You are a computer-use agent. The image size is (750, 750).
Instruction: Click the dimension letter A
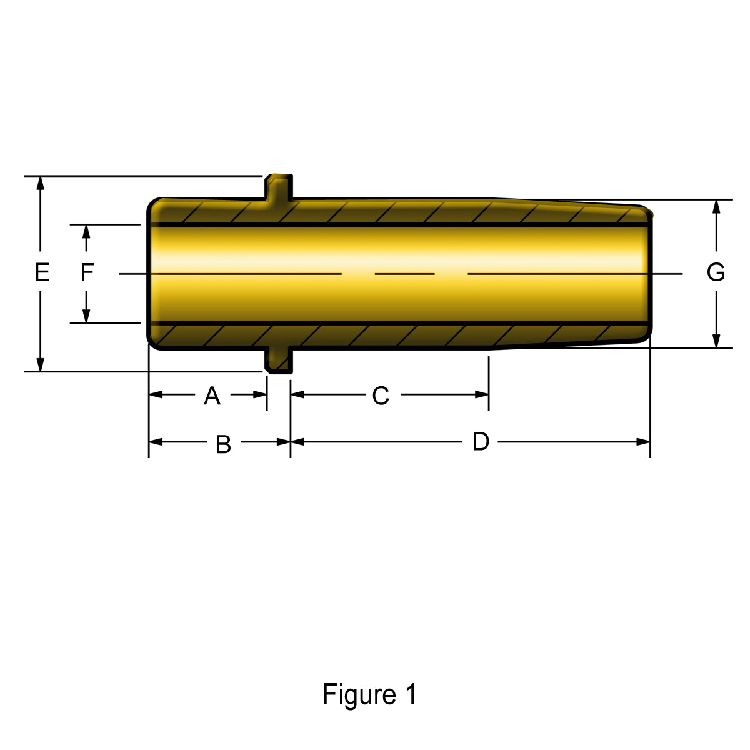click(x=212, y=396)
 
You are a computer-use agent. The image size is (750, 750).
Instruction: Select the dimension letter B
click(x=224, y=444)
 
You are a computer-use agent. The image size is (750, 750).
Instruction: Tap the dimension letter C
click(x=381, y=396)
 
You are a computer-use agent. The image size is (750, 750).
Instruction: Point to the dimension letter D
click(x=481, y=442)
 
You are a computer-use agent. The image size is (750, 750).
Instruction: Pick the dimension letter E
click(x=42, y=272)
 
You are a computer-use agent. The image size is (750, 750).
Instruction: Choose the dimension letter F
click(x=87, y=272)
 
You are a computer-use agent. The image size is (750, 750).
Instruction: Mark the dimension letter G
click(x=716, y=272)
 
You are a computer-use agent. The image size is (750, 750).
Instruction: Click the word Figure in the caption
click(x=359, y=695)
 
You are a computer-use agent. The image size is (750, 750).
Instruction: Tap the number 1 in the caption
click(x=411, y=694)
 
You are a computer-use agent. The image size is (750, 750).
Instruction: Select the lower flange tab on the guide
click(x=279, y=359)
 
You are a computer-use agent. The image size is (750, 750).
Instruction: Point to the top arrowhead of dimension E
click(x=41, y=182)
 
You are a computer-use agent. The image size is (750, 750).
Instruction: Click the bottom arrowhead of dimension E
click(x=41, y=365)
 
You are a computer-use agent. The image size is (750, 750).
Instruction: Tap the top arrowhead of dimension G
click(x=716, y=206)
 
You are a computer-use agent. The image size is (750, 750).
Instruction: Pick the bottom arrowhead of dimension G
click(x=716, y=341)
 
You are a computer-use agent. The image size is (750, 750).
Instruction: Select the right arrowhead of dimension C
click(x=482, y=394)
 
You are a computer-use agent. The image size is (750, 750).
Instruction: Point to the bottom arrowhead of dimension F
click(x=86, y=316)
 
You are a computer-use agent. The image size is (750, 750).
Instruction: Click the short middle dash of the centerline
click(x=404, y=274)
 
